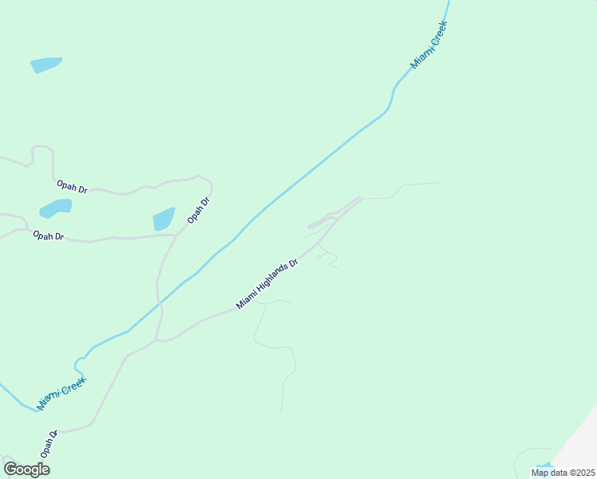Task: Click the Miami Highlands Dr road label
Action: [x=267, y=284]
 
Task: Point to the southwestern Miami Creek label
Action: [x=61, y=394]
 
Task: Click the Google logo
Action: [x=26, y=469]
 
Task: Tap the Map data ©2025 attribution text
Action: [x=562, y=473]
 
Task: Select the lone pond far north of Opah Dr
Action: [x=45, y=65]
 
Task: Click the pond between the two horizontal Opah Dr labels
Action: [x=56, y=208]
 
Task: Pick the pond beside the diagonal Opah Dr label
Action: [x=164, y=218]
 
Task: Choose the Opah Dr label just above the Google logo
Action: [x=49, y=445]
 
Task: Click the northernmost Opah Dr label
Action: [x=71, y=187]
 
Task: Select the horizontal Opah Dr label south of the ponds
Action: [x=48, y=236]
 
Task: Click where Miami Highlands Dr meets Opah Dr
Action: [x=158, y=340]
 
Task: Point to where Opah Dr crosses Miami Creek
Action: [x=160, y=304]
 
